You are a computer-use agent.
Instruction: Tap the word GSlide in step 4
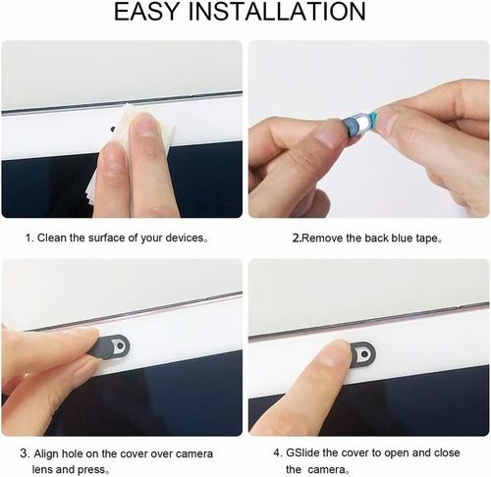[x=305, y=453]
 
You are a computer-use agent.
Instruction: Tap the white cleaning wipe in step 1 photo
[x=106, y=167]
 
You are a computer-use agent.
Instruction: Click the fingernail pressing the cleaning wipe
[x=146, y=127]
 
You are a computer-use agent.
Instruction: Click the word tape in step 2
[x=425, y=238]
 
